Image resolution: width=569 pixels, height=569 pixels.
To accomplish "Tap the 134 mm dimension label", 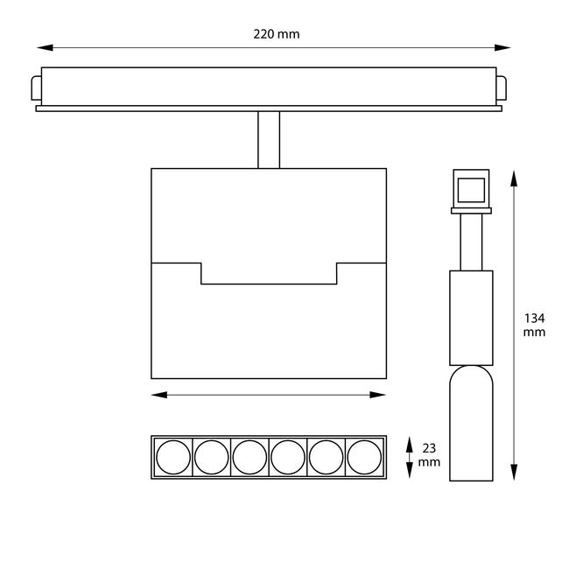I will [x=534, y=325].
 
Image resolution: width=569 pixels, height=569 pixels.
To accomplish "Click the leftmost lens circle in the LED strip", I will [x=172, y=456].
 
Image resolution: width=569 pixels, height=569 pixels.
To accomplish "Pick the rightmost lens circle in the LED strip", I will [x=364, y=456].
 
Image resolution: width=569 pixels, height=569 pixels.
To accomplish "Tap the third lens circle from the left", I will [x=249, y=456].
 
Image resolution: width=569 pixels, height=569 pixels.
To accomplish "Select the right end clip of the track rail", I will [x=502, y=88].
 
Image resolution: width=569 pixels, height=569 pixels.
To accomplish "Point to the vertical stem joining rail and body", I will [x=269, y=139].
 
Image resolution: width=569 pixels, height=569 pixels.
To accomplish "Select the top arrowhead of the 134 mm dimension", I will [x=513, y=177].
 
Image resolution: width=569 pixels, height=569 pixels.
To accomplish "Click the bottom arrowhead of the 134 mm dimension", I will [x=513, y=474].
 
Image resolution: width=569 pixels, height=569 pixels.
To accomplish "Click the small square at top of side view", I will [x=471, y=189].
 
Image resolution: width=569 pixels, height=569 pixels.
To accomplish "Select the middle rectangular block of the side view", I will [x=471, y=317].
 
